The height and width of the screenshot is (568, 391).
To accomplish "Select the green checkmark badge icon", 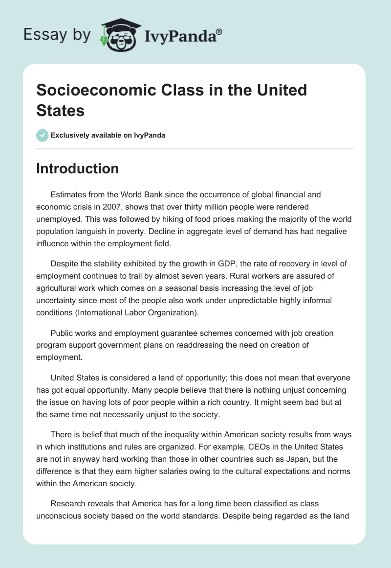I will coord(43,135).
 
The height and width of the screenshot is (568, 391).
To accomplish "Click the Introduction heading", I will coord(77,168).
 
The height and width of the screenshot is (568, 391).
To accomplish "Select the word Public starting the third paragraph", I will coord(63,333).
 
